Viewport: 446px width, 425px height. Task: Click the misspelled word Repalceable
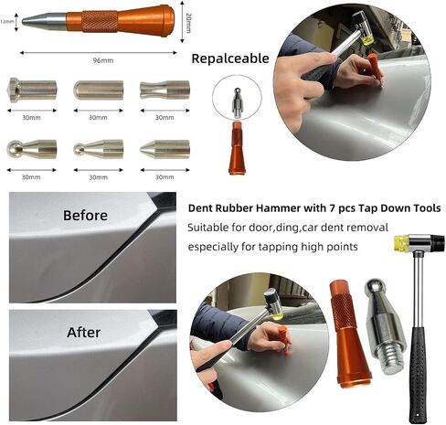(230, 58)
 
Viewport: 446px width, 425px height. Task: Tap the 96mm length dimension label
(103, 60)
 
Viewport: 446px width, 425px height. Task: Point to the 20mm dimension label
(188, 23)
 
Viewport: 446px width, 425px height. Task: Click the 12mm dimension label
(7, 21)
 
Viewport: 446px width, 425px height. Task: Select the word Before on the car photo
(85, 216)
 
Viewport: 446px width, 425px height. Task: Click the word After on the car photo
(83, 333)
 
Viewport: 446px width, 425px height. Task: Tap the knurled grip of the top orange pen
(100, 21)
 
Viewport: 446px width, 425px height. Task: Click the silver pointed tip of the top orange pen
(44, 21)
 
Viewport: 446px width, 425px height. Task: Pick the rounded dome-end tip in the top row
(99, 90)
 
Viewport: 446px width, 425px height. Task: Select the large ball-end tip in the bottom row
(32, 149)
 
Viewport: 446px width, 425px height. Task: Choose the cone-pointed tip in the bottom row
(165, 149)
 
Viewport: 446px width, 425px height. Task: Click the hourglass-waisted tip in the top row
(165, 90)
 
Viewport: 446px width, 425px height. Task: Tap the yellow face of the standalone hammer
(401, 243)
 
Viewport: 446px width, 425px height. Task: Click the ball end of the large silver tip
(376, 287)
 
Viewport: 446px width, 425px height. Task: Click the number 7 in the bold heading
(332, 208)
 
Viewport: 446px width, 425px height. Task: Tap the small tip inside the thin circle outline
(237, 103)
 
